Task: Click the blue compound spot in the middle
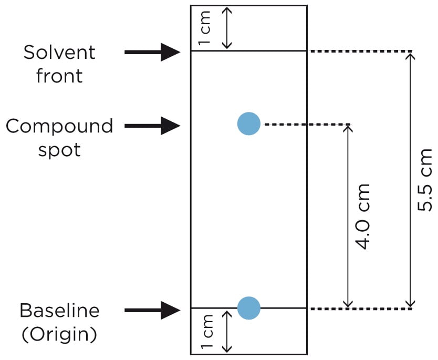[x=248, y=124]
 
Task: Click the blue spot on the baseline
[x=248, y=308]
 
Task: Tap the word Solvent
[x=59, y=53]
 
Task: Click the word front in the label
[x=59, y=76]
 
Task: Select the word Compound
[x=59, y=126]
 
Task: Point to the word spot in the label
[x=59, y=150]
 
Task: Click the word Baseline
[x=59, y=311]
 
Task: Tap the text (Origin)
[x=59, y=334]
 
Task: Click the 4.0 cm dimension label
[x=362, y=216]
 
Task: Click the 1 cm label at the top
[x=206, y=28]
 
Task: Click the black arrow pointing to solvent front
[x=152, y=52]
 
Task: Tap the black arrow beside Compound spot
[x=152, y=126]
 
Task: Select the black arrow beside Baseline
[x=152, y=311]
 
